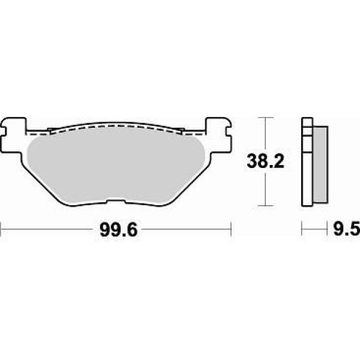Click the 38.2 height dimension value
265,161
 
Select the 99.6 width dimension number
119,230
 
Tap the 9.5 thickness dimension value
347,230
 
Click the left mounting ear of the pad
13,135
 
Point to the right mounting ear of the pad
218,135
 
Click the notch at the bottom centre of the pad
116,200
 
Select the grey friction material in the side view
320,164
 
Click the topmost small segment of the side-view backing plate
307,122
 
